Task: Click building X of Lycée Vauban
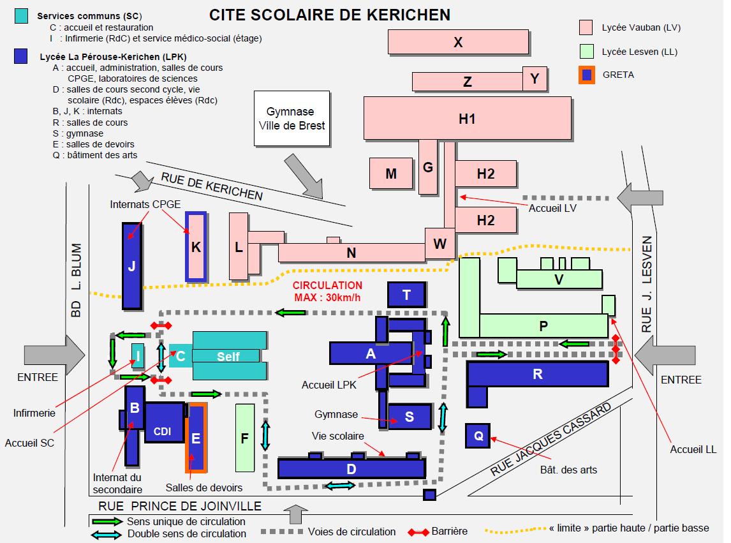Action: click(458, 42)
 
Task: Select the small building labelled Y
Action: click(535, 78)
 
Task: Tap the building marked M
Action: click(391, 173)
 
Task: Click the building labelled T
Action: click(406, 294)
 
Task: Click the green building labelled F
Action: click(244, 437)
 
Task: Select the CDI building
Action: click(163, 431)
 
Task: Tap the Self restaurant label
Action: click(228, 356)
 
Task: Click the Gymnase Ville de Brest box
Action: click(292, 119)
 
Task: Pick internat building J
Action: click(132, 265)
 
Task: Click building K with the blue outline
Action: click(196, 246)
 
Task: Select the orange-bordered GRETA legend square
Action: click(587, 75)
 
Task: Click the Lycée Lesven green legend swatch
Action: click(587, 52)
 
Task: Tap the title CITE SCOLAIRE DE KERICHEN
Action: click(330, 14)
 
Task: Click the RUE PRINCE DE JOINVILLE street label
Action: click(180, 507)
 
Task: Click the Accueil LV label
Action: click(553, 207)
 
